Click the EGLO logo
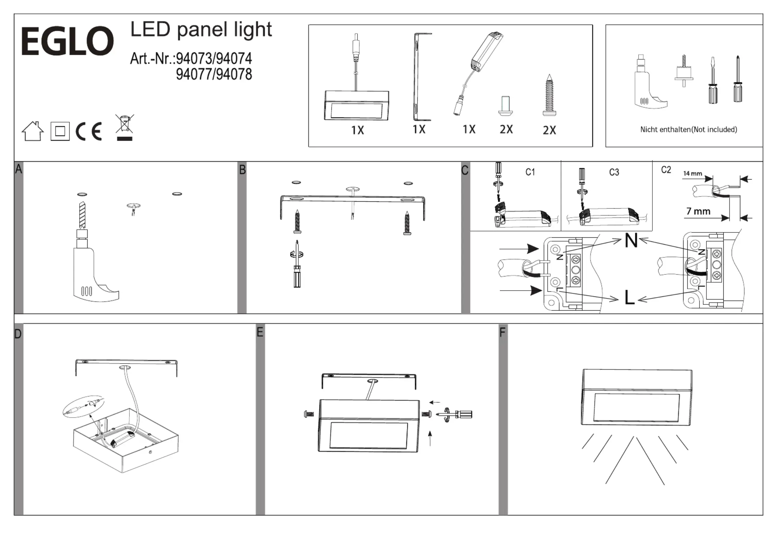[x=67, y=41]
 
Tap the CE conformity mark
[x=89, y=131]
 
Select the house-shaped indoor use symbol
[x=33, y=131]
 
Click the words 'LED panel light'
[x=201, y=30]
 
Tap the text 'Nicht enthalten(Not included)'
[x=688, y=130]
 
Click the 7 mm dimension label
[x=698, y=211]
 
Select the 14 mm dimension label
[x=693, y=173]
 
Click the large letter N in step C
[x=631, y=240]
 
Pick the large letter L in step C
[x=630, y=297]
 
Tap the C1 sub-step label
[x=530, y=172]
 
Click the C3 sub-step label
[x=614, y=172]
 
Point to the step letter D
[x=18, y=334]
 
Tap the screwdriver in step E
[x=457, y=414]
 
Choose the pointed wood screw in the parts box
[x=549, y=95]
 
